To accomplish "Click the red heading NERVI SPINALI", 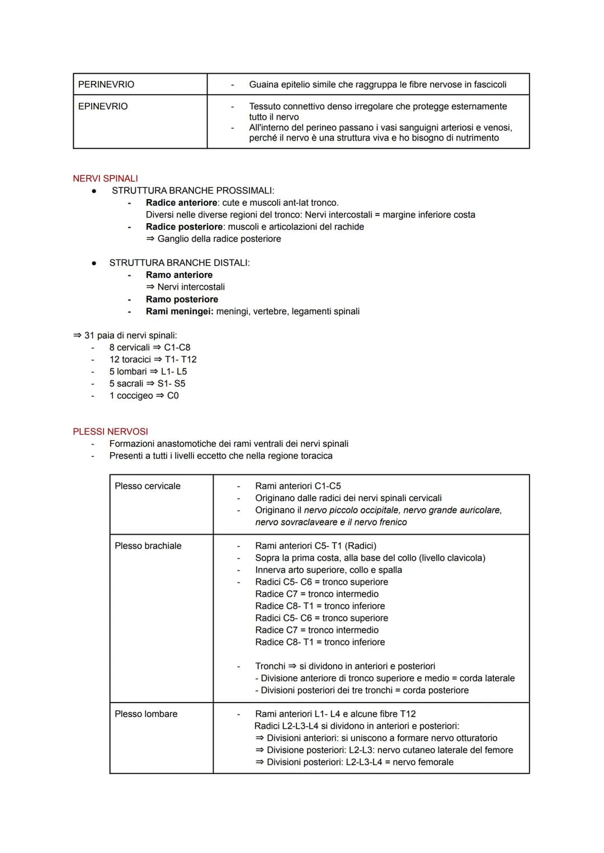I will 105,178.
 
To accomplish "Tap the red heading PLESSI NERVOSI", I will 110,432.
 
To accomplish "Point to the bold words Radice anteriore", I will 181,202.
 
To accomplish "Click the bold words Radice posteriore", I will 184,227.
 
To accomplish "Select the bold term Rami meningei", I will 179,311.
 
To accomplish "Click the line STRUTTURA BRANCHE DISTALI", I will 179,263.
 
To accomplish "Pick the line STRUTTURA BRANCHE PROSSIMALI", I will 193,191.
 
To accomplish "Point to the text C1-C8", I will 177,347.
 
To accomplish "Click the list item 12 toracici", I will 130,359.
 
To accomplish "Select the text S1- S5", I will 171,384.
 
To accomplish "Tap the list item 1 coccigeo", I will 131,395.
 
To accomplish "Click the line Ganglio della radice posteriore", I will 219,239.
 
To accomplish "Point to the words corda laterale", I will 487,678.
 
